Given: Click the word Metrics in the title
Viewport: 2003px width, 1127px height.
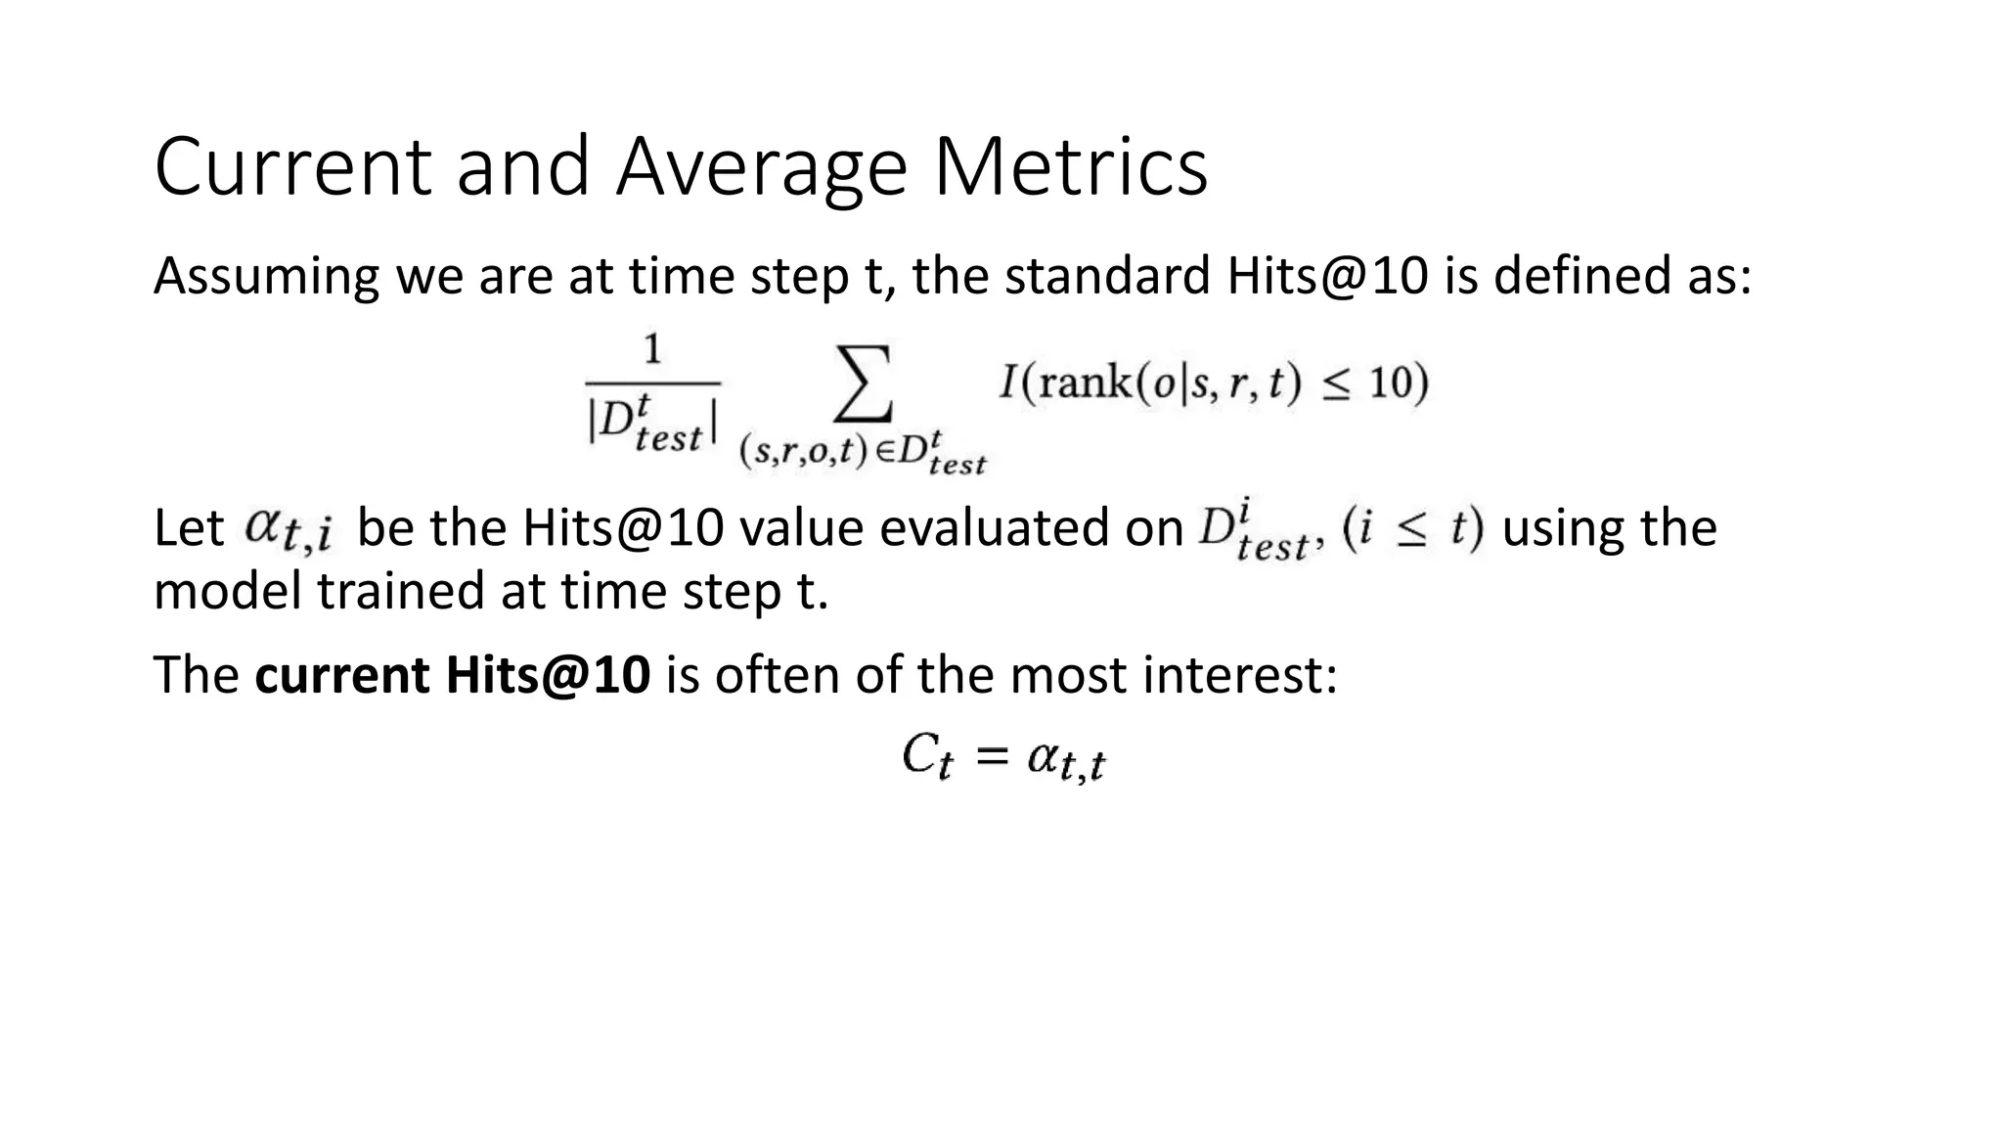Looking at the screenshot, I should (1070, 166).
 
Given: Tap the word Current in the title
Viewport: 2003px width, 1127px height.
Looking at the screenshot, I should (291, 166).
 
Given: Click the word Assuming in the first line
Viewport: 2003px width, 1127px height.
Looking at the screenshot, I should (266, 277).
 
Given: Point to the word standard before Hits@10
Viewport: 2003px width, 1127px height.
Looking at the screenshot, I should (1107, 275).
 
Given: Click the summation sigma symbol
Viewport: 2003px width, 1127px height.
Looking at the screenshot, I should (865, 383).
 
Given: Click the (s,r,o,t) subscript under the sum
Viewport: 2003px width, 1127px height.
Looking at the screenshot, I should (804, 452).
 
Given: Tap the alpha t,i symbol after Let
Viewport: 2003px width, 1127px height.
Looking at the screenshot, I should (288, 530).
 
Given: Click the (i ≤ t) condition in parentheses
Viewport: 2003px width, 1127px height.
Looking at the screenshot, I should (1412, 529).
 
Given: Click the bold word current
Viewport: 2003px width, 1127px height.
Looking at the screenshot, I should (341, 675).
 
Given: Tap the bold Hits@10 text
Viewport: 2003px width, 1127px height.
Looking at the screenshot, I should (548, 675).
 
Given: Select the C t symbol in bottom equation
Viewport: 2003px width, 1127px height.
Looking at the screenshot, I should (926, 757).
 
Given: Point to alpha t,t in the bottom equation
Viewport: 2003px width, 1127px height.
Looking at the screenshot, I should (1066, 760).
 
